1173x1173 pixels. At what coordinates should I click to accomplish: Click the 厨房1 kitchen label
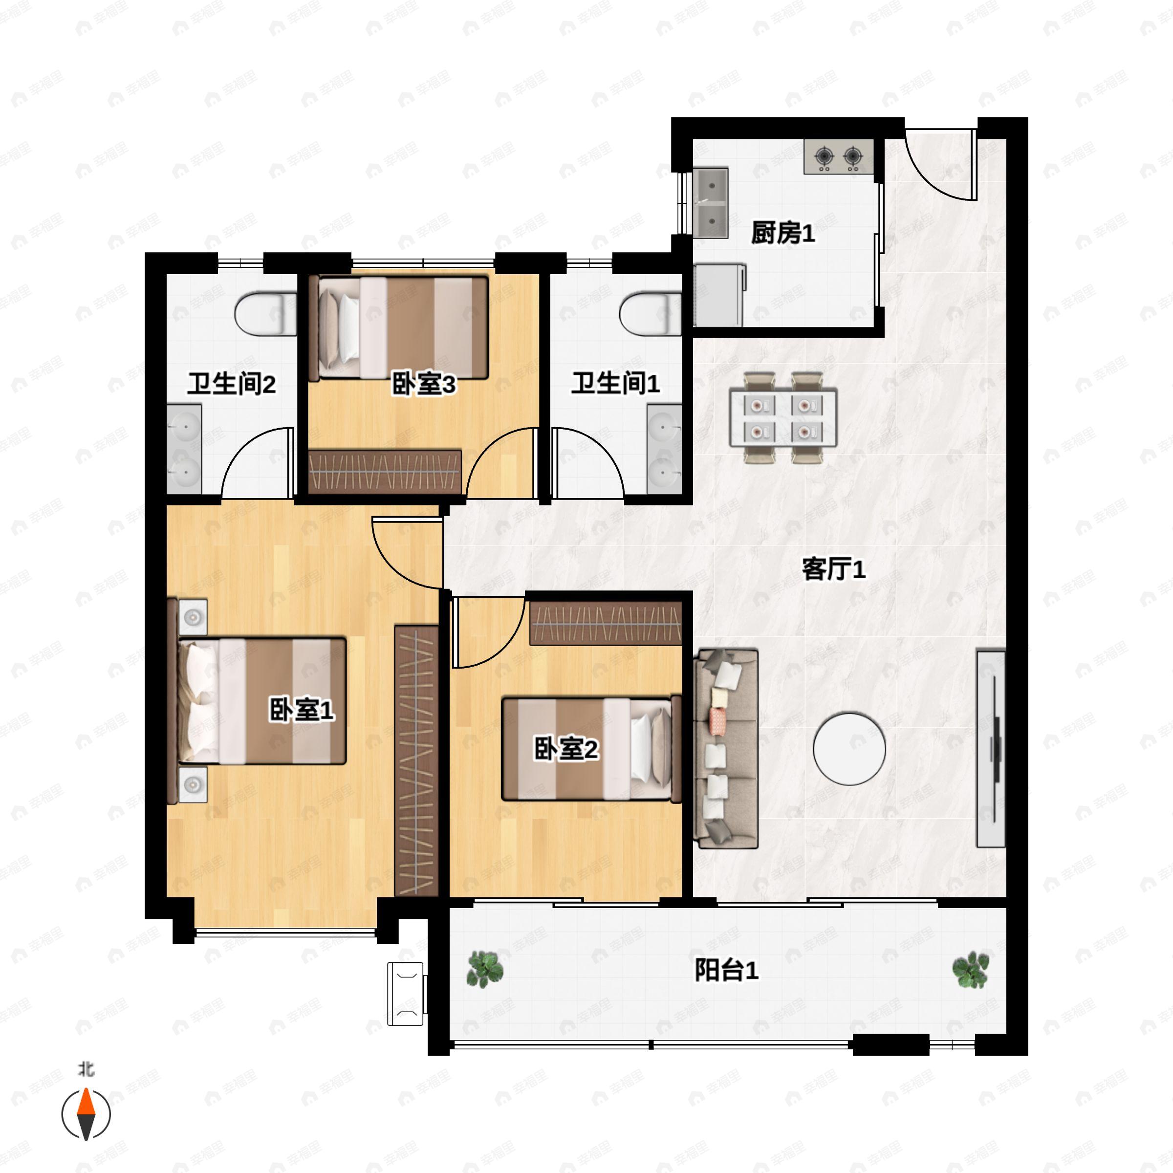[782, 233]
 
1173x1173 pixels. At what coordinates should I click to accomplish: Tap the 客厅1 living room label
[834, 569]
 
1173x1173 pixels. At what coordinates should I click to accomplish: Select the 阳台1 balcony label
[726, 970]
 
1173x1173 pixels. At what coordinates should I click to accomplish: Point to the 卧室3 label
[423, 384]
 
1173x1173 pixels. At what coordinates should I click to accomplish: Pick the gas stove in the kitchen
[839, 156]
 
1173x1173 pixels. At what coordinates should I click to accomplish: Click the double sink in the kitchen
[711, 203]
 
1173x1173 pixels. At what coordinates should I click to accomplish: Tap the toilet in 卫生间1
[650, 314]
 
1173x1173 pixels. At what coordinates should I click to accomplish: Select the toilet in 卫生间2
[265, 314]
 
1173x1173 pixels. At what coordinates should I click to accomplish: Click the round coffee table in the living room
[849, 749]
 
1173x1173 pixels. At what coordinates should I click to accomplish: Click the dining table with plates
[783, 418]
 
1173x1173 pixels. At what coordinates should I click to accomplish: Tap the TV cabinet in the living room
[991, 749]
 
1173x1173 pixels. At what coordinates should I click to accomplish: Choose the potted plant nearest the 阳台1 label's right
[970, 970]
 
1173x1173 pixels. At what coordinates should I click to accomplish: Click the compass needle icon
[86, 1114]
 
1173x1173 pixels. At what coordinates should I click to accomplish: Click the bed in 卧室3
[399, 328]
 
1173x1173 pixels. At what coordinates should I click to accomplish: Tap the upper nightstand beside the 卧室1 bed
[193, 617]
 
